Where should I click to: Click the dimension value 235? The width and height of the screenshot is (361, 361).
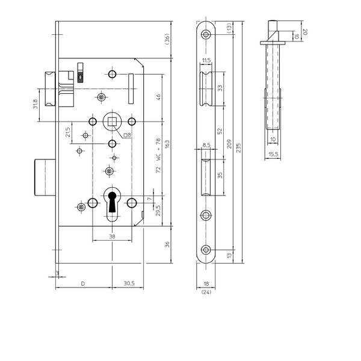click(x=239, y=149)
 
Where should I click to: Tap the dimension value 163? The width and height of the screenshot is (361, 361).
click(x=167, y=144)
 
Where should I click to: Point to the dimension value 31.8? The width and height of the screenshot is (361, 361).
click(x=37, y=105)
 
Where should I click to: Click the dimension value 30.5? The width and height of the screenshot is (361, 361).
click(x=129, y=283)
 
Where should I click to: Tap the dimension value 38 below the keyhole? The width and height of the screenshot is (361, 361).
click(x=113, y=236)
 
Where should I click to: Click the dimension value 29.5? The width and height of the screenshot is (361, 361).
click(x=158, y=210)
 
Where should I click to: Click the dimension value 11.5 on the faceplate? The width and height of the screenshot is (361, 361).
click(x=206, y=60)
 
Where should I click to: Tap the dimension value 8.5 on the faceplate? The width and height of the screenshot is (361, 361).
click(x=206, y=145)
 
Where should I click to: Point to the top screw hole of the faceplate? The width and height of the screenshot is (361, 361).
click(x=206, y=34)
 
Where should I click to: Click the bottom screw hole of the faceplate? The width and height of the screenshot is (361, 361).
click(x=206, y=250)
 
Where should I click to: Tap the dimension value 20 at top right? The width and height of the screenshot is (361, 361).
click(x=305, y=31)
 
